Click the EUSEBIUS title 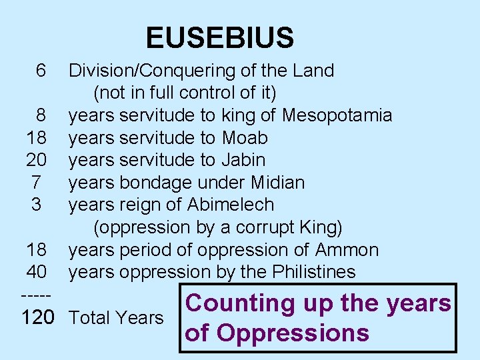219,38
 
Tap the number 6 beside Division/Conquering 41,71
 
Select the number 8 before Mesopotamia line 41,115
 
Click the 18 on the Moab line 36,138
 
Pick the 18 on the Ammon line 36,250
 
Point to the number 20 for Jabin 36,160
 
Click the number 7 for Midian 37,183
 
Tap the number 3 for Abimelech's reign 37,205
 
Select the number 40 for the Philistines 36,272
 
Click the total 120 37,317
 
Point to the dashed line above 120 34,294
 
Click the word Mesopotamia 337,115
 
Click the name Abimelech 231,205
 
